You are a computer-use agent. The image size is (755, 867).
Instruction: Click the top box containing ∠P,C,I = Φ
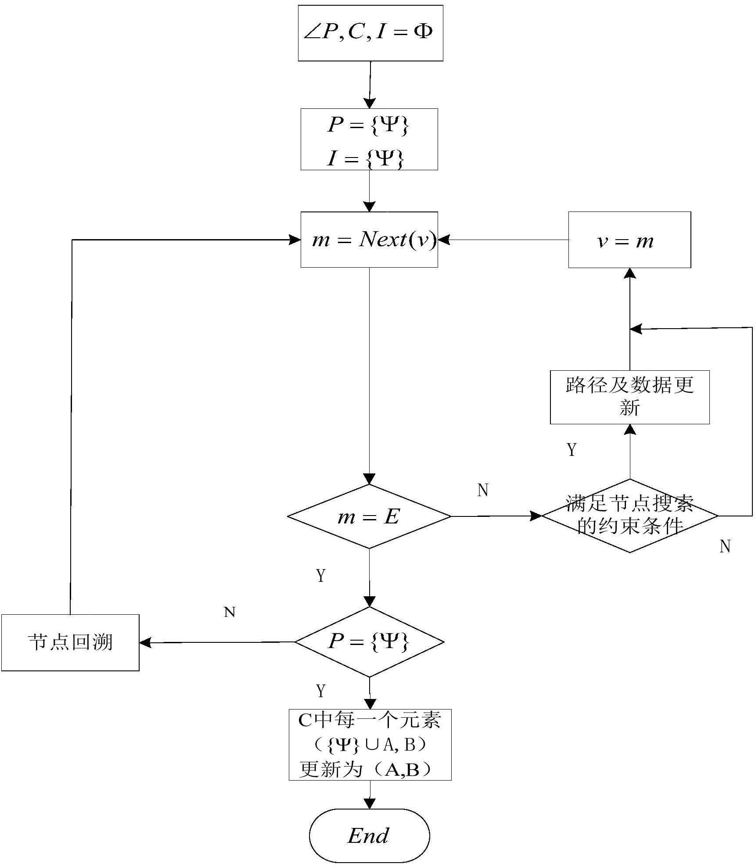point(370,33)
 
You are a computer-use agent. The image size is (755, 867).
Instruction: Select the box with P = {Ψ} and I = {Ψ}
point(369,139)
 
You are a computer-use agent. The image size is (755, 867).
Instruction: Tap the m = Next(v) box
point(369,240)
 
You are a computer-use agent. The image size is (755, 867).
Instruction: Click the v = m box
point(629,240)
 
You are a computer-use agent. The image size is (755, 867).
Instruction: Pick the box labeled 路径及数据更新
point(629,397)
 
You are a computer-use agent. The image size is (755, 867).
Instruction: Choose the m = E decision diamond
point(369,516)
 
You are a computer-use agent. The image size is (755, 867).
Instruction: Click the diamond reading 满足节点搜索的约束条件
point(629,516)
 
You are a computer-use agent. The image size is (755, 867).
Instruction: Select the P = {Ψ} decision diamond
point(369,642)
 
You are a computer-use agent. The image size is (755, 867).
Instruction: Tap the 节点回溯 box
point(70,642)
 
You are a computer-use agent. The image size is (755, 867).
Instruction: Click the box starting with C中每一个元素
point(370,745)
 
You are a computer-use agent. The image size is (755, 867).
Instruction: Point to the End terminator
point(369,836)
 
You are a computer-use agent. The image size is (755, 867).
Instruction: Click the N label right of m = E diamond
point(483,490)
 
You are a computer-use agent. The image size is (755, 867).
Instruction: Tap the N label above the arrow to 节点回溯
point(230,612)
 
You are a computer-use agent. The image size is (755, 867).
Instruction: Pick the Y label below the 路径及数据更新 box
point(572,450)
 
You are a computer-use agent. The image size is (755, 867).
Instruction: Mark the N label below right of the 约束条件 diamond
point(725,547)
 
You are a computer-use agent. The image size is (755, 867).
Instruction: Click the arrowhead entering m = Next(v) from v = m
point(444,240)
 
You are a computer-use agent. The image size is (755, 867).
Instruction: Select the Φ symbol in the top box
point(423,32)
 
